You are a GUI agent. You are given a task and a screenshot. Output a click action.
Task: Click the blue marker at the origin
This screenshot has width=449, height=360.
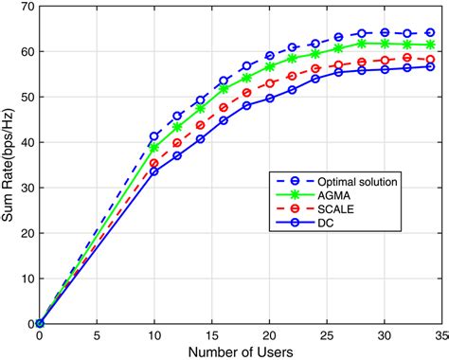[39, 323]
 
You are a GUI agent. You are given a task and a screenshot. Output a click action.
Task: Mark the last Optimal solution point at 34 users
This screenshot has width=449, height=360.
[430, 33]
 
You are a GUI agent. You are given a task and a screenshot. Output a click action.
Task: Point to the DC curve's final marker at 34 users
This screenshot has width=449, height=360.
[430, 67]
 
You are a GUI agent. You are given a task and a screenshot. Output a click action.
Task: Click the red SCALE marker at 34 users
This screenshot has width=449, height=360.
[430, 59]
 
